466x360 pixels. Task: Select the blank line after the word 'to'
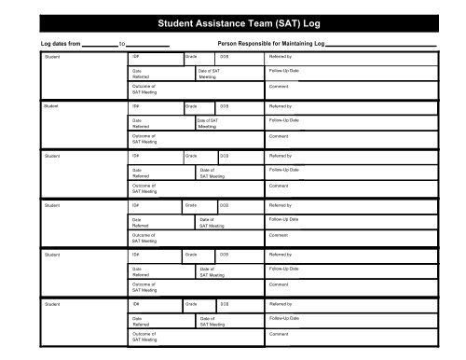(147, 44)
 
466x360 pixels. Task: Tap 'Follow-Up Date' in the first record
(284, 71)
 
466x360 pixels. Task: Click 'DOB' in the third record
(225, 156)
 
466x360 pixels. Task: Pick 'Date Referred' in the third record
(141, 173)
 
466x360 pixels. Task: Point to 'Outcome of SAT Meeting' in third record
(144, 188)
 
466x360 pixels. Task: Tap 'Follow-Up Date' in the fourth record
(284, 219)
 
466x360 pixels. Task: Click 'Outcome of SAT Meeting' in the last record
(144, 337)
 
